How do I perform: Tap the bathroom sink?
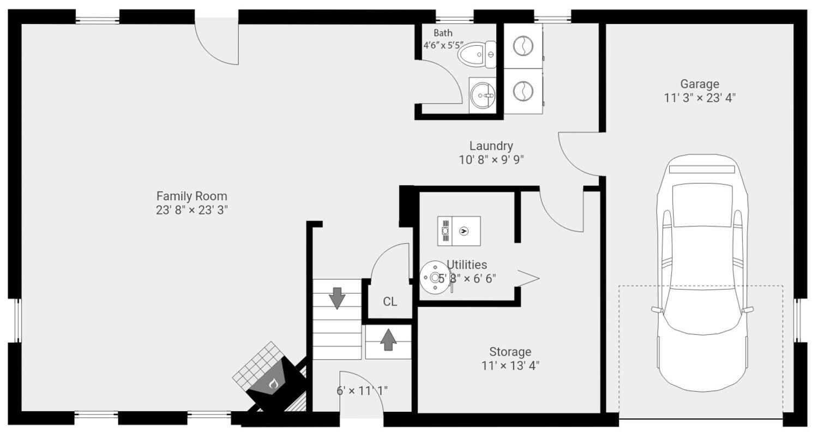tap(483, 95)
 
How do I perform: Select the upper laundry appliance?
tap(522, 46)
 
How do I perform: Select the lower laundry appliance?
tap(522, 91)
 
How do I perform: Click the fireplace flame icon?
tap(273, 383)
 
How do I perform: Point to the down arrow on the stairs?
tap(337, 297)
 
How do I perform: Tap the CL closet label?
tap(390, 302)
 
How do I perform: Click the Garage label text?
tap(699, 84)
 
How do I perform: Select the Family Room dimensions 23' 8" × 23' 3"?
tap(191, 210)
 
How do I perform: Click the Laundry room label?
tap(491, 146)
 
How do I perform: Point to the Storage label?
tap(510, 352)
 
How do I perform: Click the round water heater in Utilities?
tap(435, 277)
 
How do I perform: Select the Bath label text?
tap(443, 33)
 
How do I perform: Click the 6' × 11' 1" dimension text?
tap(362, 391)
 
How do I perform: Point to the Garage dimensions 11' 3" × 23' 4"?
tap(699, 98)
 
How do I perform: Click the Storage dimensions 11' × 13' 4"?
tap(510, 365)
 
